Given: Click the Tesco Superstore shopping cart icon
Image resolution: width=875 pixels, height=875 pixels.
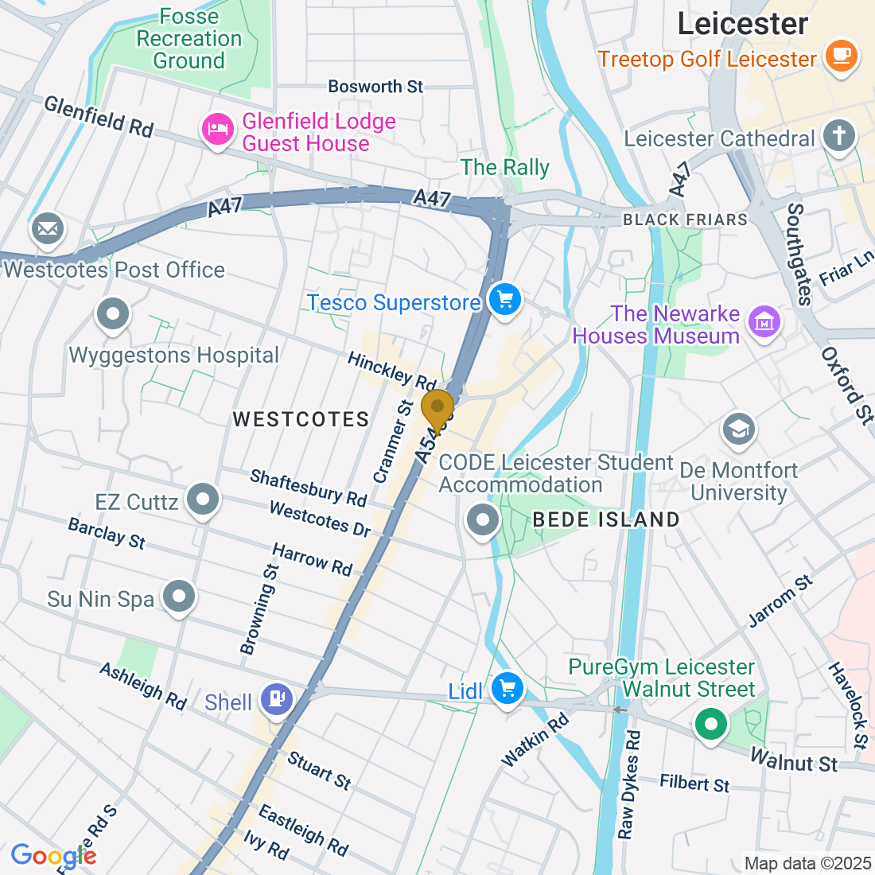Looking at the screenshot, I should pos(504,300).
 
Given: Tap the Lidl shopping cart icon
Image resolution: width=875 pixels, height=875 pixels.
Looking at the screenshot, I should pos(506,688).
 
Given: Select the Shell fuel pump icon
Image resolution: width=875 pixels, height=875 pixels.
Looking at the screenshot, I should pos(277,699).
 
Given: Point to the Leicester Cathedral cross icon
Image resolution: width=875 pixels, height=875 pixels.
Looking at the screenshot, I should pos(838,135).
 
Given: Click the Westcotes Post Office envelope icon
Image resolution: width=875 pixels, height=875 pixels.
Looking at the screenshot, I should pos(48,230).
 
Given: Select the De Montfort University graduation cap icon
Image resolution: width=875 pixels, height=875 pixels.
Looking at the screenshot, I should pos(738,430).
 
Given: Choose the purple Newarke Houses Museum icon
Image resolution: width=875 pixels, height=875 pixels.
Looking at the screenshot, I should pos(764,322).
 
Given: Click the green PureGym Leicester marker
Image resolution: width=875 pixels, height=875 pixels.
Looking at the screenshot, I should pos(711,725).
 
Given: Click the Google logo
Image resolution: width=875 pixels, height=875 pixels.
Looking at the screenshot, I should pos(53,856).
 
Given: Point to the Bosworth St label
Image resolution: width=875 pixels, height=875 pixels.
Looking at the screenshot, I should pos(375,86).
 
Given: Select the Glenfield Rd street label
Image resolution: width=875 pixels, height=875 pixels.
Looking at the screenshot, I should pos(99,117).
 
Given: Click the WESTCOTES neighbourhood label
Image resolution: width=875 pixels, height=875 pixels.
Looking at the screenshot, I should pos(301,419).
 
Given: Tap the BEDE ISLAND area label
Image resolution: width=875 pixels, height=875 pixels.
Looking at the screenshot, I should pos(606,519).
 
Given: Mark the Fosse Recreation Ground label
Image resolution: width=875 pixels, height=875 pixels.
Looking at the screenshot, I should pos(189,38).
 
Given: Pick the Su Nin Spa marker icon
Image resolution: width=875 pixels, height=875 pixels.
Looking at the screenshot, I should pos(179,596).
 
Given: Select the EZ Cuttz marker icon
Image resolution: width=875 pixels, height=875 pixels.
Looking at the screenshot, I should pos(203,500).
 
